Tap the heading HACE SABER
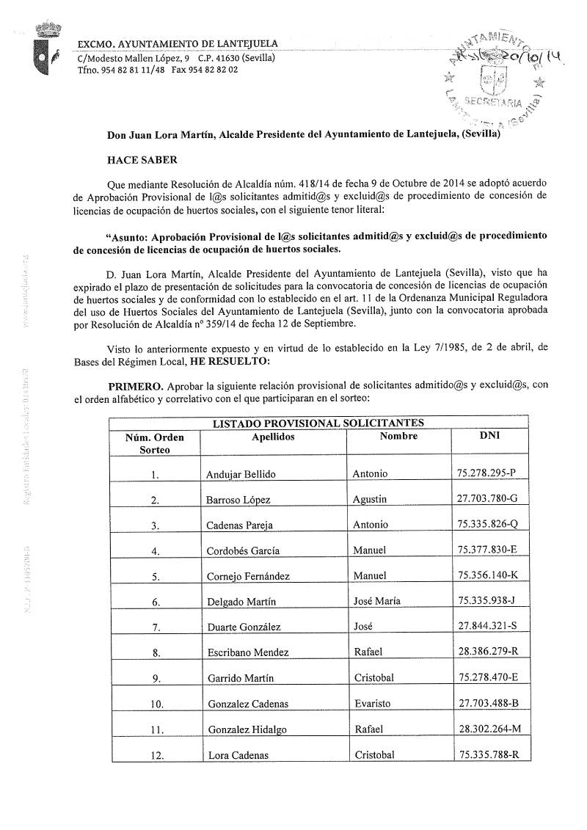pos(142,159)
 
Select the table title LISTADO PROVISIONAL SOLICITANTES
pos(318,423)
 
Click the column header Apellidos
pos(271,437)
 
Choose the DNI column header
pos(489,436)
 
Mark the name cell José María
pos(376,601)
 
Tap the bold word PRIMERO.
pos(135,385)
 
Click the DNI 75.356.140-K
pos(488,576)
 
